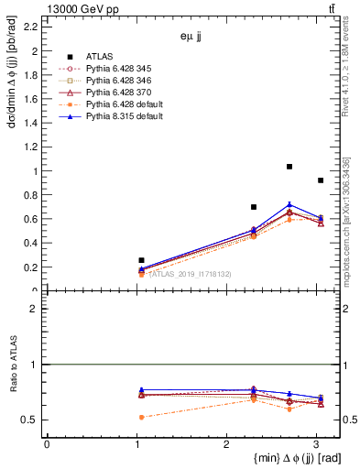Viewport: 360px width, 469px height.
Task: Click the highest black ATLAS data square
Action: tap(289, 167)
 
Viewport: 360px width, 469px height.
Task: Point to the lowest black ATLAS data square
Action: tap(141, 260)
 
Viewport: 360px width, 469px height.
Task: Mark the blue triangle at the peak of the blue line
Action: tap(289, 205)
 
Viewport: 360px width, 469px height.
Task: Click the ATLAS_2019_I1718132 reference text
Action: tap(191, 274)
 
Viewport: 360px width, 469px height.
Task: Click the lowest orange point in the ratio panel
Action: tap(141, 417)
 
